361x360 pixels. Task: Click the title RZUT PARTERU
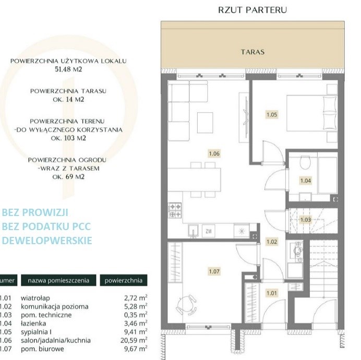252,10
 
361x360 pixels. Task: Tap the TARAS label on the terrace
252,52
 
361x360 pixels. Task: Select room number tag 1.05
272,114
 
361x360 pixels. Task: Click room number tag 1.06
214,153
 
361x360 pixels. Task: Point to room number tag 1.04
306,181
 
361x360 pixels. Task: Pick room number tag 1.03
306,220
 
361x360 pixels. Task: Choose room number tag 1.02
272,242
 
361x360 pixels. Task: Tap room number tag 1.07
214,271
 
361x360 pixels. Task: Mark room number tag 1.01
272,293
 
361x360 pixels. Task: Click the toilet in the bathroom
305,162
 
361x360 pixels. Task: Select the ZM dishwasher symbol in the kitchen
208,231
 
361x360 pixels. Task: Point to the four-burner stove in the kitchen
175,210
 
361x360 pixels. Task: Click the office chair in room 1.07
186,305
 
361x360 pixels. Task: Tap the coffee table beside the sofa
205,123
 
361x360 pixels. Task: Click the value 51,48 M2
68,69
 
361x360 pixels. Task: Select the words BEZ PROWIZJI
35,212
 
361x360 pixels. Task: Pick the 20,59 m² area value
134,340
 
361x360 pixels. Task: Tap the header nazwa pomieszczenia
58,281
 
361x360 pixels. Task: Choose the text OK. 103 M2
68,138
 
